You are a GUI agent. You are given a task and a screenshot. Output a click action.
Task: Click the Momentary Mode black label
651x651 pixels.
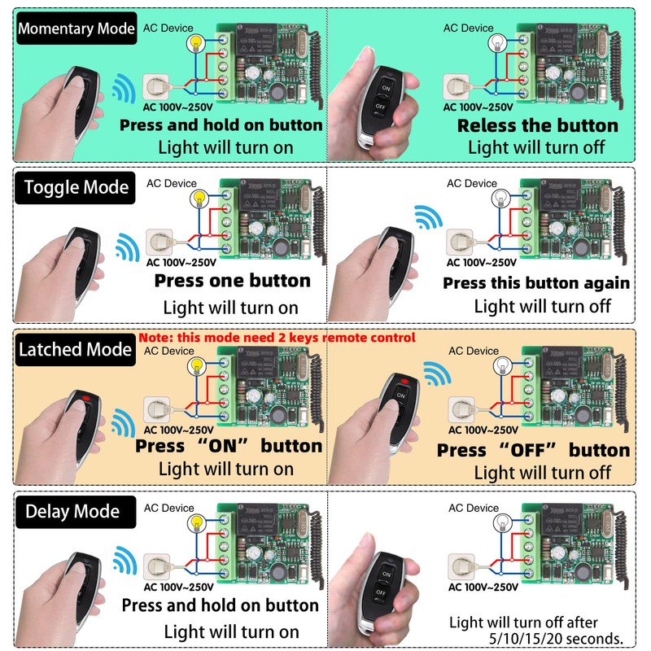tap(76, 29)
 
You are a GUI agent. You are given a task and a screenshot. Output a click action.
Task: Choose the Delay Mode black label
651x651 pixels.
tap(72, 512)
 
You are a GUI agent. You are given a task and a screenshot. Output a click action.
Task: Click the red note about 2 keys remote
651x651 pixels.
tap(277, 337)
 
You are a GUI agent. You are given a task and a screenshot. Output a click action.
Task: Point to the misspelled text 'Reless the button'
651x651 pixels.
tap(537, 126)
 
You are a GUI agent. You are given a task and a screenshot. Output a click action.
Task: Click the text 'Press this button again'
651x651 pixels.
tap(536, 283)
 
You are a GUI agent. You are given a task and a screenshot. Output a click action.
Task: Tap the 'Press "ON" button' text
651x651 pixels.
tap(228, 446)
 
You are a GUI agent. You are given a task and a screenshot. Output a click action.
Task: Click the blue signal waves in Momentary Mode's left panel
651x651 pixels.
tap(124, 87)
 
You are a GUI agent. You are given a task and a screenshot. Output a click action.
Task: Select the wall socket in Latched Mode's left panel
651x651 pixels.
tap(155, 406)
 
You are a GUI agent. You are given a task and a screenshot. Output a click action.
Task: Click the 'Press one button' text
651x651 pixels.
tap(232, 281)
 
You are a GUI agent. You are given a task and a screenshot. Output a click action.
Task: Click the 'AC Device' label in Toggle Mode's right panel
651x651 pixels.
tap(472, 183)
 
